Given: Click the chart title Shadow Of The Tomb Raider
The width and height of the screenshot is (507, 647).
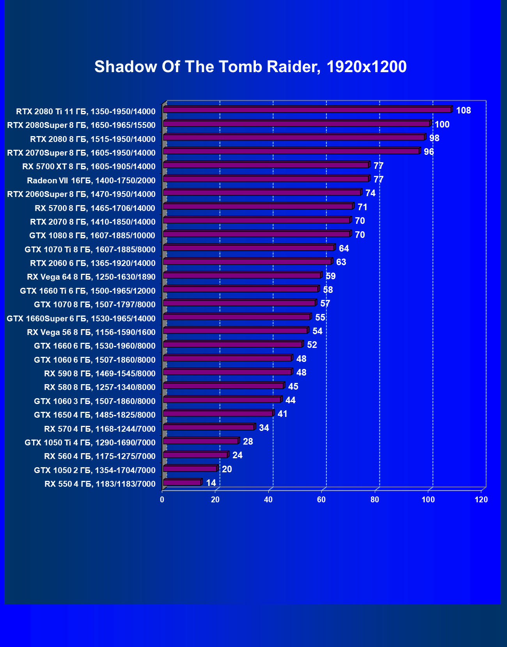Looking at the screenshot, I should pos(250,67).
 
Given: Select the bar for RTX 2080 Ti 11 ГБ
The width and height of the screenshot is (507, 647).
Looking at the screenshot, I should pos(307,110).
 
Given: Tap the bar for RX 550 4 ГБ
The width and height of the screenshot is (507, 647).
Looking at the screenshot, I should pos(182,483).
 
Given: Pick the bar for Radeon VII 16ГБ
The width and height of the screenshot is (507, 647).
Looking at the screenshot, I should pos(266,179).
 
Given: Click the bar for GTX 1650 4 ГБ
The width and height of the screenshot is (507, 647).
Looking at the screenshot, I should pos(218,413).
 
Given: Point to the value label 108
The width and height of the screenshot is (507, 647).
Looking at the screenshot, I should pos(463,110).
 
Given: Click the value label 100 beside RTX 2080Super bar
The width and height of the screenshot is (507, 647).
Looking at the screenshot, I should pos(442,124).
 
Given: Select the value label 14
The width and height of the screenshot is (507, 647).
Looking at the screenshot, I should pos(211,483).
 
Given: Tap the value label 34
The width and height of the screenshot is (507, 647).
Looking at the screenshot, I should pos(264,428).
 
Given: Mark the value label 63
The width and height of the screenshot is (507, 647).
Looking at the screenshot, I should pos(341,262).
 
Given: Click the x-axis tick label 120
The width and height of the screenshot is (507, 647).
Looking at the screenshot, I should pos(481,500).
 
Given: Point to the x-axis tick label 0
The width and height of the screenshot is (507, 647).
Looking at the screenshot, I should pos(162,500).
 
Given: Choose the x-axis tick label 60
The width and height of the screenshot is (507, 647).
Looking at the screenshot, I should pos(321,500).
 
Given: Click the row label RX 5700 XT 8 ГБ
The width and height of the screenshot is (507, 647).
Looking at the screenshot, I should pos(89,167).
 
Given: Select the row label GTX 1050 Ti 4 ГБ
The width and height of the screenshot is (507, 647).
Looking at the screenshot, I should pos(90,442).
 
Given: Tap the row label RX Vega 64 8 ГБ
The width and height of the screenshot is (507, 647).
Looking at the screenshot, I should pos(91,277).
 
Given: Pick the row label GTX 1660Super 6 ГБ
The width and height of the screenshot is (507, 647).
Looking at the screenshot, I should pos(81,318).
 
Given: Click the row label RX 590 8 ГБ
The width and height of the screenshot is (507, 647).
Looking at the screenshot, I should pos(100,373).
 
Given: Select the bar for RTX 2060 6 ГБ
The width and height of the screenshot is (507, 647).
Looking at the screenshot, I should pos(247,262).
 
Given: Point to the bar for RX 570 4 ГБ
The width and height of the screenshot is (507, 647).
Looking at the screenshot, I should pos(209,427).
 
